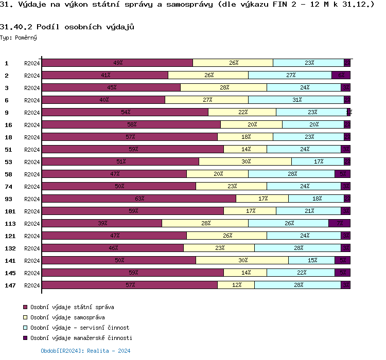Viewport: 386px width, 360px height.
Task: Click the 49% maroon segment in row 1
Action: click(x=117, y=63)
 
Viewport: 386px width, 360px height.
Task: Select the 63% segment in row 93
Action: click(x=138, y=199)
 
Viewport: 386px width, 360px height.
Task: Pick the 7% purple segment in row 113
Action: click(x=339, y=223)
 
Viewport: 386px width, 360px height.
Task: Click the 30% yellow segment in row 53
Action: click(x=245, y=161)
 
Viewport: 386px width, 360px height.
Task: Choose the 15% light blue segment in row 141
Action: click(x=311, y=260)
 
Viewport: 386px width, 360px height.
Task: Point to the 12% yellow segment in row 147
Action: click(x=236, y=285)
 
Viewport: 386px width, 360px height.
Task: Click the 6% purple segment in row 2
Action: click(x=341, y=75)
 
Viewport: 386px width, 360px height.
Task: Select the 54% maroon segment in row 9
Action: click(x=125, y=112)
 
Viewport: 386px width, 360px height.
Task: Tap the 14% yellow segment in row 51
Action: click(x=245, y=149)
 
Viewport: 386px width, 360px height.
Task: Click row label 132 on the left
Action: click(x=9, y=248)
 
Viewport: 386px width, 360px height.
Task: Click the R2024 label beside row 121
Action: click(x=32, y=236)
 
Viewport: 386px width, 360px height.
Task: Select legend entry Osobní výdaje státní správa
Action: click(x=72, y=307)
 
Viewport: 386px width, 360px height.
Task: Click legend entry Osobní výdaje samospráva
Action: click(x=67, y=317)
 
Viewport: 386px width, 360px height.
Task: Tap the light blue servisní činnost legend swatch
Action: click(x=25, y=328)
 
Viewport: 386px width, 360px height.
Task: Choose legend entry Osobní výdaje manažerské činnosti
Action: click(x=81, y=338)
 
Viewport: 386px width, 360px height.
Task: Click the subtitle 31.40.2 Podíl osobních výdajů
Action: click(x=63, y=26)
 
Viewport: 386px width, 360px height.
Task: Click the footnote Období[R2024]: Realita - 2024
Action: click(x=85, y=351)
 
